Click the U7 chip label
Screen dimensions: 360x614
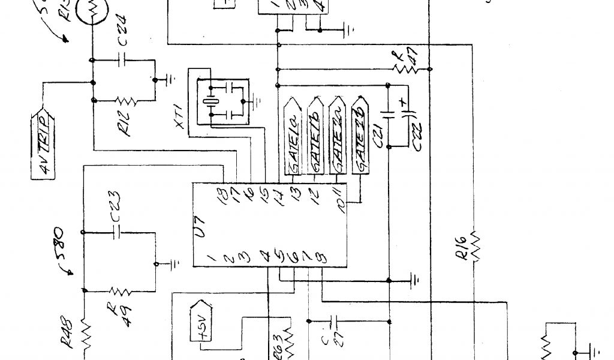203,228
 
